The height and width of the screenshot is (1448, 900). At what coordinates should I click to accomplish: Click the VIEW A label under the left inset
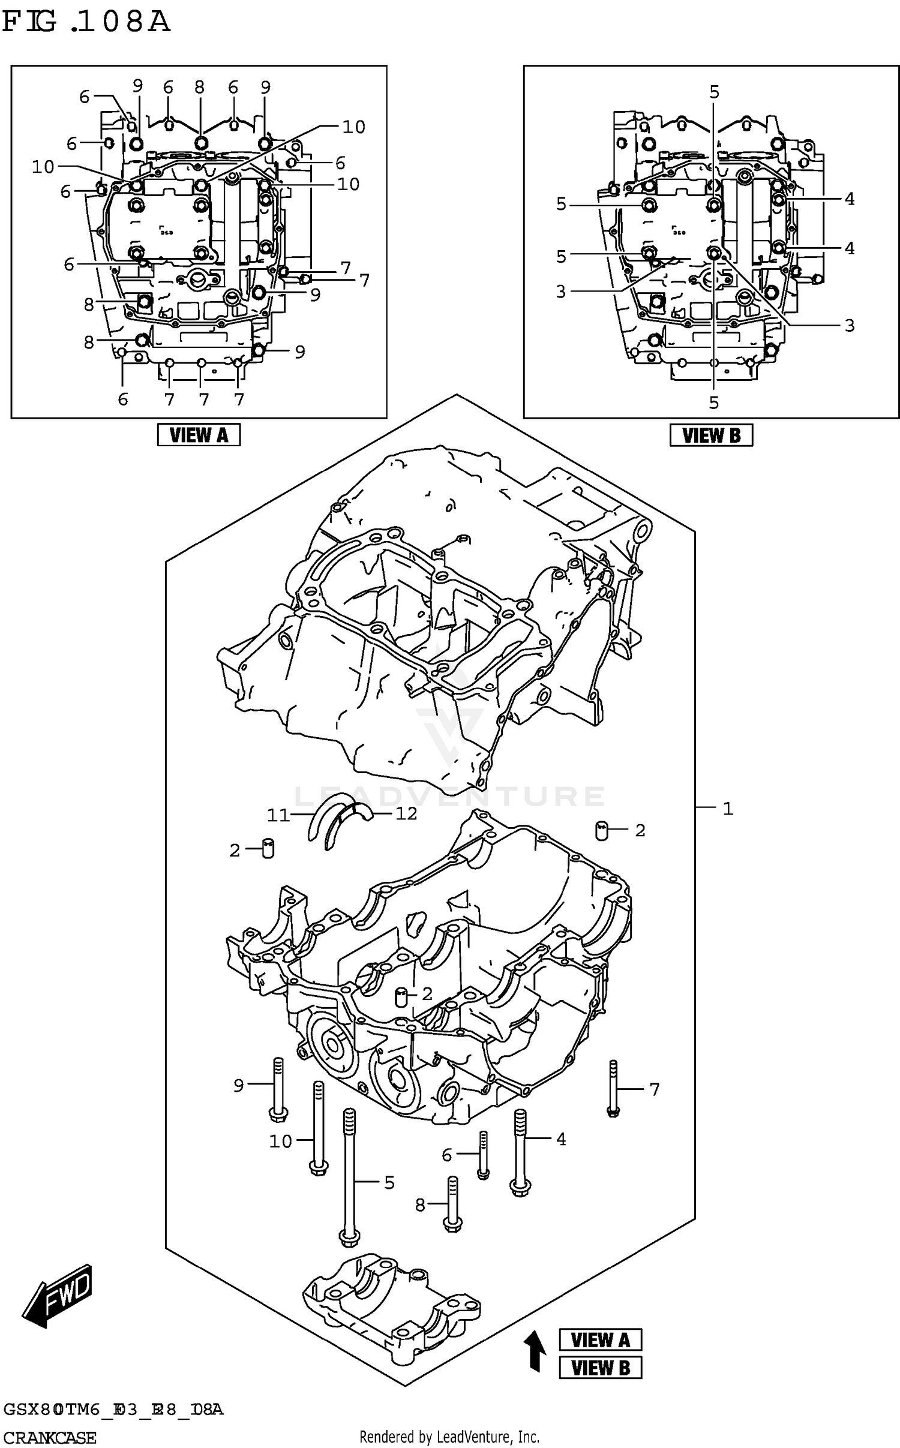[x=199, y=435]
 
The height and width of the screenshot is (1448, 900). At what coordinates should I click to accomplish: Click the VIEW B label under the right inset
[x=711, y=435]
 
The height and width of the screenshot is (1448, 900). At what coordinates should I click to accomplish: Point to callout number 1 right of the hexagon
[x=728, y=809]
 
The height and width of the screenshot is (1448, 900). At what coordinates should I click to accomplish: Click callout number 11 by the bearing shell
[x=278, y=815]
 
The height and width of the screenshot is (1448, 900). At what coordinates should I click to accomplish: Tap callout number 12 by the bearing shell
[x=406, y=813]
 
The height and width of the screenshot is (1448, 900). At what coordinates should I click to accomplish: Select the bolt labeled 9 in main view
[x=277, y=1089]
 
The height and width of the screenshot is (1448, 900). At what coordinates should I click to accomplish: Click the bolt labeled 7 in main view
[x=613, y=1088]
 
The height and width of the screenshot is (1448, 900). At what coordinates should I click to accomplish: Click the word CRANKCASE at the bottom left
[x=49, y=1438]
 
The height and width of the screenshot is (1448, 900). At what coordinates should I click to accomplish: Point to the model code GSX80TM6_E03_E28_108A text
[x=113, y=1409]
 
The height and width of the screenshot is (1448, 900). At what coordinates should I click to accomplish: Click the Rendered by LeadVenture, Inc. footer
[x=449, y=1437]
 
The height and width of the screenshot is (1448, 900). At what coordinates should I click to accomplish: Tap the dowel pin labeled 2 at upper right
[x=602, y=831]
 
